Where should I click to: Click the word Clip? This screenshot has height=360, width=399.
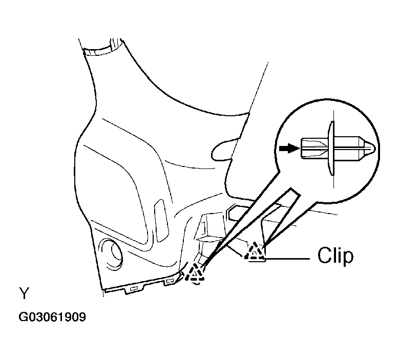point(335,256)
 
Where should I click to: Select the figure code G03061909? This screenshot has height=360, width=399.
point(52,317)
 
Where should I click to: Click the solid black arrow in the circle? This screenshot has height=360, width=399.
point(289,148)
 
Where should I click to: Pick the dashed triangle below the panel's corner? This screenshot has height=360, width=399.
point(195,272)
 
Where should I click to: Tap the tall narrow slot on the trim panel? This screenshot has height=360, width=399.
point(161,221)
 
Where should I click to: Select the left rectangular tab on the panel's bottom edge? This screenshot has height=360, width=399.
point(134,289)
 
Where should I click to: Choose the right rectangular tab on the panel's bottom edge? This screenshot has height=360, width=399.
point(170,281)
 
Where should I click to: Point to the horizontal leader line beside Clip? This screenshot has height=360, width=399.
point(287,259)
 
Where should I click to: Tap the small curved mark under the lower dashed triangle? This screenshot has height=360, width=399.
point(196,283)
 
